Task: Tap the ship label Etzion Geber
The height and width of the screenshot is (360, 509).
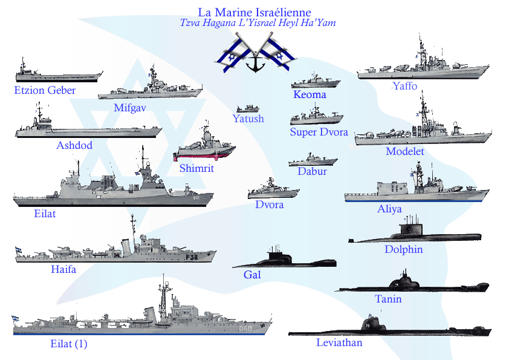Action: click(45, 91)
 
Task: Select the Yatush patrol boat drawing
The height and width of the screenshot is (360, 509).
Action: click(248, 109)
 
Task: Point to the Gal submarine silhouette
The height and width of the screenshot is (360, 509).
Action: click(284, 260)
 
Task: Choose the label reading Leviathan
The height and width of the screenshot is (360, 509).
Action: click(339, 343)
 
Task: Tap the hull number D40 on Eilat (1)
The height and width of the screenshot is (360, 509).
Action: click(245, 329)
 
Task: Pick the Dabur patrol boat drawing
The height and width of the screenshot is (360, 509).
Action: click(313, 162)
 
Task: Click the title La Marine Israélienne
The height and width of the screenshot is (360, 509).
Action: click(254, 12)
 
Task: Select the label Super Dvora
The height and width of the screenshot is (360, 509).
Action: click(319, 132)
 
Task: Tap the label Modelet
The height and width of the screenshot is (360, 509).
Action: click(404, 151)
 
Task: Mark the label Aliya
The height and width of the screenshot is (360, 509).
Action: click(389, 209)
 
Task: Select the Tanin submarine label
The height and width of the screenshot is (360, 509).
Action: click(387, 299)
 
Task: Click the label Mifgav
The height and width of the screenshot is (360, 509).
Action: click(130, 108)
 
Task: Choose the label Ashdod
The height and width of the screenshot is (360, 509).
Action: click(74, 146)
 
